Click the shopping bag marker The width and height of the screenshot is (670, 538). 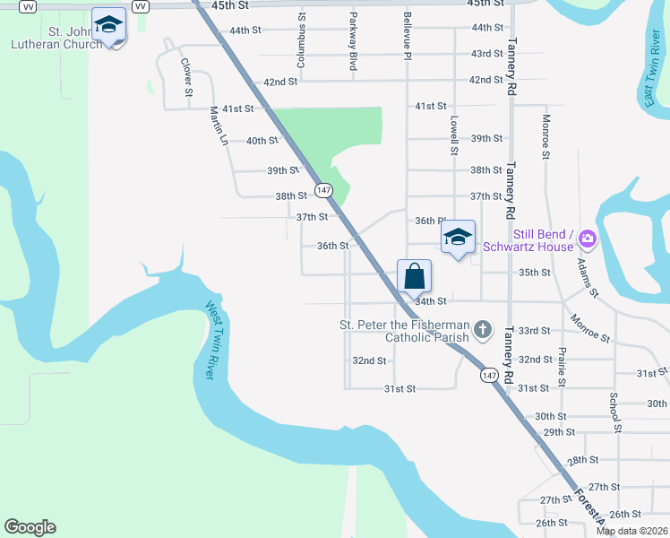coord(414,275)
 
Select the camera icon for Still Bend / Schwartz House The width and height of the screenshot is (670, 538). coord(588,239)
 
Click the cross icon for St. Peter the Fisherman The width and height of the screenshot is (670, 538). coord(483,330)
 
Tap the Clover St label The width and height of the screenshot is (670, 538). coord(186,77)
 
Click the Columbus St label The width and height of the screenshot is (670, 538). coord(302,40)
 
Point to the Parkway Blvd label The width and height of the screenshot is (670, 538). coord(353,41)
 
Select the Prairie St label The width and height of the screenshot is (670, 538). coord(562,368)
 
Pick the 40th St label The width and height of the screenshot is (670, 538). coord(262,141)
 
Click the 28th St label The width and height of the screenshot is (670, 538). coord(582,460)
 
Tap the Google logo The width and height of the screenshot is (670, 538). coord(30,527)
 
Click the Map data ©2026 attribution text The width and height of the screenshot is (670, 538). coord(631,531)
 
